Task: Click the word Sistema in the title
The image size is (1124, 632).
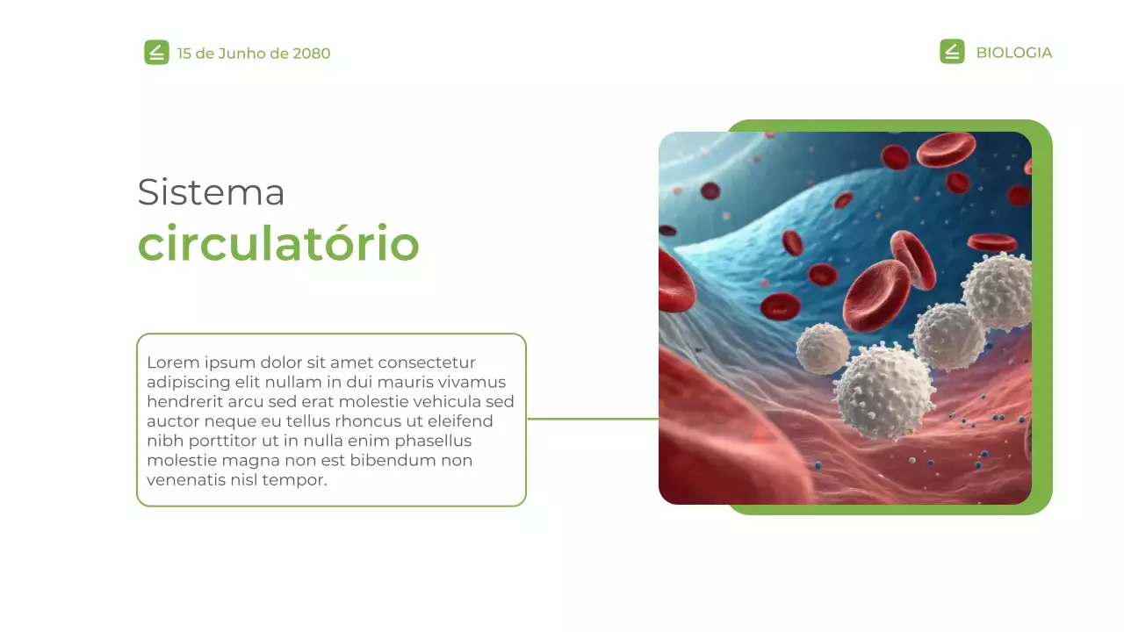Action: (211, 192)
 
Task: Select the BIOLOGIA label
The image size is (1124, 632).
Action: (1013, 53)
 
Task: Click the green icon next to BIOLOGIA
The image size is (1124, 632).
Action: (952, 52)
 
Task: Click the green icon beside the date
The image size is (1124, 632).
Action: (156, 53)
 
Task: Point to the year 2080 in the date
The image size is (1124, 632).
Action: (312, 54)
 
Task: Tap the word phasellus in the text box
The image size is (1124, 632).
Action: (433, 441)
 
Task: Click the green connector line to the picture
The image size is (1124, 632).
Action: (593, 419)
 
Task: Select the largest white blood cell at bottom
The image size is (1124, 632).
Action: (884, 391)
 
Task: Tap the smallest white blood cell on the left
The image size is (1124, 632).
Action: (823, 348)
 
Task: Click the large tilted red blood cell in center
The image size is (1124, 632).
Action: (876, 294)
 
